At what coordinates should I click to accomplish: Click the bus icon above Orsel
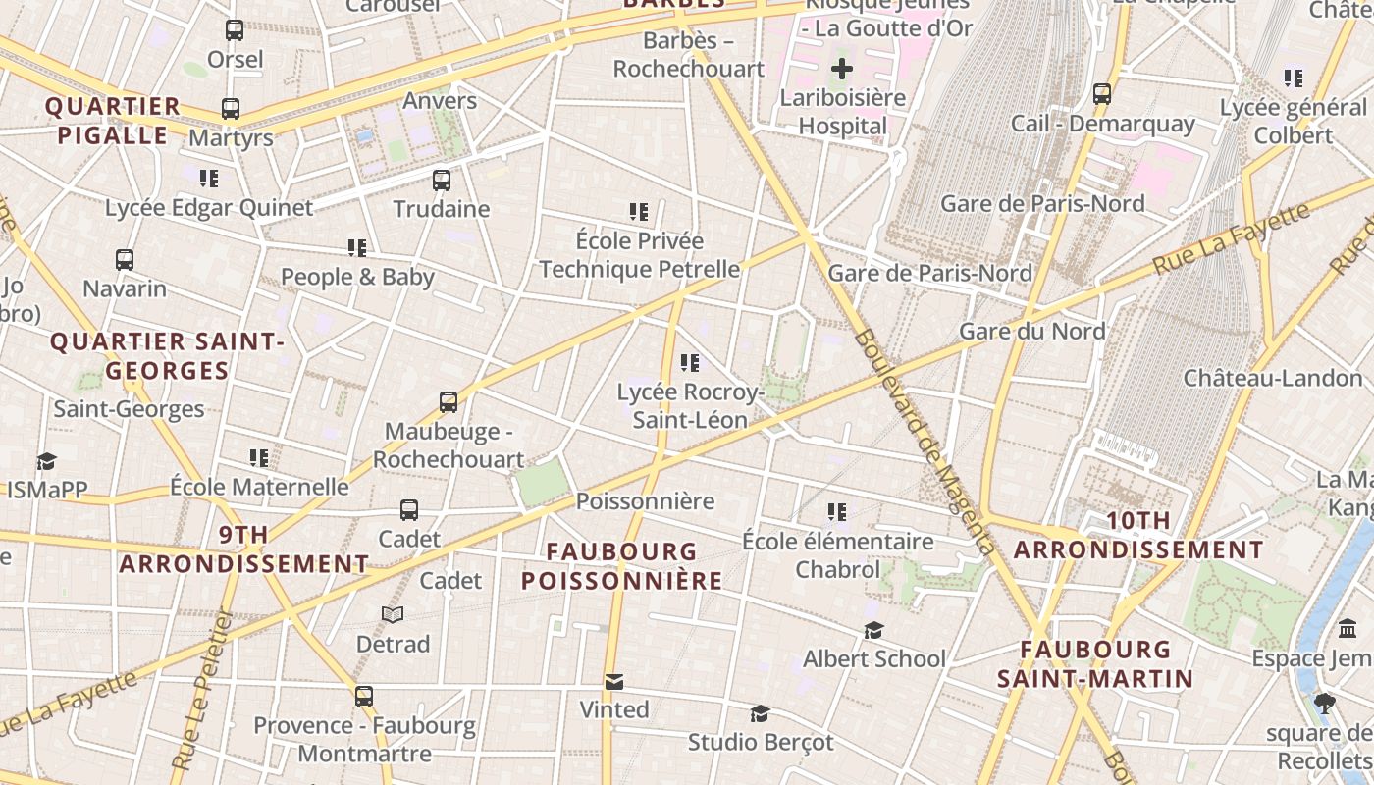[x=234, y=30]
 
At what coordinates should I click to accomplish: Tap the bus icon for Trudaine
[x=442, y=181]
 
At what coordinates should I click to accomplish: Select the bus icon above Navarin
[x=125, y=260]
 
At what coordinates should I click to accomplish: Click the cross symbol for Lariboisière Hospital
[x=842, y=69]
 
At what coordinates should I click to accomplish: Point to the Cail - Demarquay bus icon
[x=1102, y=95]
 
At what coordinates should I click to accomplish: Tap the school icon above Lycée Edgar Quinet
[x=209, y=179]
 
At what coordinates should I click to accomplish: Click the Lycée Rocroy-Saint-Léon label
[x=690, y=406]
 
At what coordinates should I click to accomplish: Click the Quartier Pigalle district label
[x=113, y=121]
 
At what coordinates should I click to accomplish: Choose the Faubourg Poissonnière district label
[x=621, y=566]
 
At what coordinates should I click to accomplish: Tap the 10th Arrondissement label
[x=1138, y=536]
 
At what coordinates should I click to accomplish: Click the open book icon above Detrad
[x=393, y=614]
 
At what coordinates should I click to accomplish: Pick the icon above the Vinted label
[x=614, y=681]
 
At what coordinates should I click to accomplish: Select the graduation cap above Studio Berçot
[x=760, y=713]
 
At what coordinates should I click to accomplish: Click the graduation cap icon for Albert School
[x=873, y=630]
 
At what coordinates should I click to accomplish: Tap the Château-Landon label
[x=1273, y=378]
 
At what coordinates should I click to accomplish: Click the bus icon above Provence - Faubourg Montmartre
[x=364, y=697]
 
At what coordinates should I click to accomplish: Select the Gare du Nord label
[x=1031, y=331]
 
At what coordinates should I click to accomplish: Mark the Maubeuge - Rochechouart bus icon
[x=449, y=402]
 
